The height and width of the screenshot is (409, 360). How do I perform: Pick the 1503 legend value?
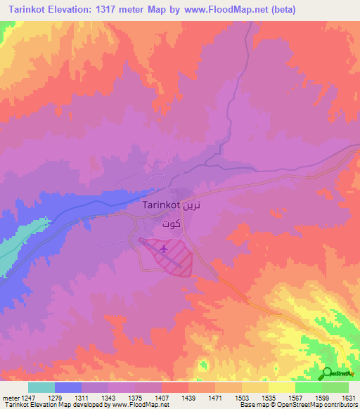click(x=240, y=398)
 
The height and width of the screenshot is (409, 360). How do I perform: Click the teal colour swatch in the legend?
click(x=41, y=387)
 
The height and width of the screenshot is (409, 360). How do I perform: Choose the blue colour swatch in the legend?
click(x=67, y=387)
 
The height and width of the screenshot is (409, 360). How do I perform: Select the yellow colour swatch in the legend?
click(x=281, y=387)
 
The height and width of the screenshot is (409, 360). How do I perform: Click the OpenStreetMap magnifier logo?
click(x=326, y=373)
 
